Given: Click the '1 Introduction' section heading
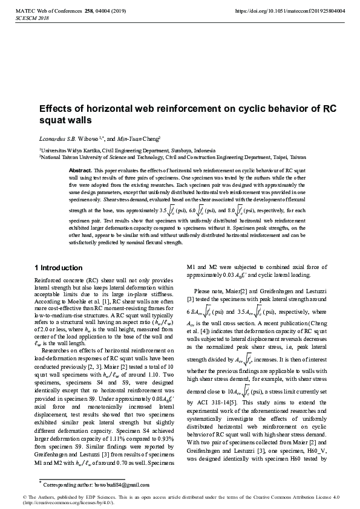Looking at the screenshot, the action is (58, 267).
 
